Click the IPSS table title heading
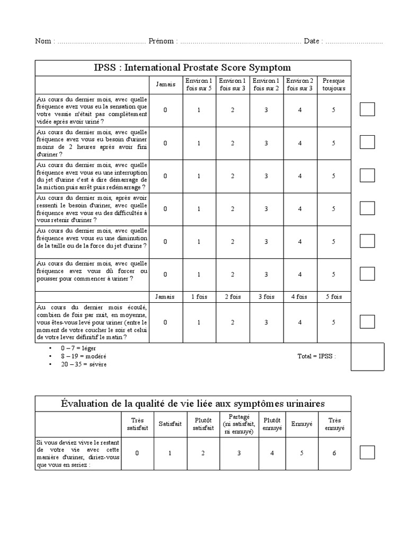coord(193,67)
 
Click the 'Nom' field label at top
coord(43,41)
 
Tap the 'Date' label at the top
coord(312,41)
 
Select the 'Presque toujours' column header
coord(333,84)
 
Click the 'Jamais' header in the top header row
coord(165,84)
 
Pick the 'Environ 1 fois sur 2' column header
coord(266,84)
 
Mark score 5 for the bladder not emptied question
coord(333,110)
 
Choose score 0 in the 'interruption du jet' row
coord(165,176)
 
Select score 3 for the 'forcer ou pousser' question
coord(266,274)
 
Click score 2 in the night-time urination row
coord(232,322)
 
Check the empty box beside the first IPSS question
coord(367,109)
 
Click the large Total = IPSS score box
coord(367,356)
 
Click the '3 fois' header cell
coord(266,296)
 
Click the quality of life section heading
coord(193,404)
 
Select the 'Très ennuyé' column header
coord(334,424)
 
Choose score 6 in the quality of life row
coord(334,453)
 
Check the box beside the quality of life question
coord(367,452)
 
